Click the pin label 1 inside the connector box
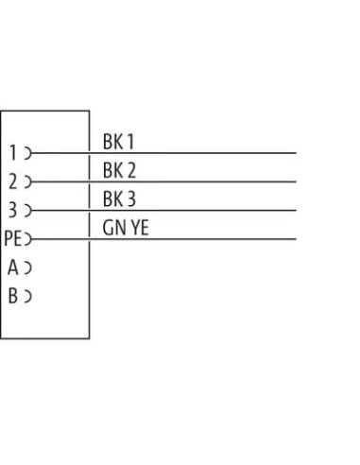[13, 153]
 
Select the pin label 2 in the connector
[13, 181]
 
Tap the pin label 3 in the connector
[12, 210]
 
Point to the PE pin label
[13, 238]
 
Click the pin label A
[13, 267]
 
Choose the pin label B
[13, 296]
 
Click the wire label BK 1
[118, 142]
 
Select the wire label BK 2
[119, 170]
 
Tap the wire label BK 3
[119, 198]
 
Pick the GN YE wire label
[126, 228]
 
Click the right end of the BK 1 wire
[296, 153]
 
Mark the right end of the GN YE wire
[296, 239]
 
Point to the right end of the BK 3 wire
[296, 211]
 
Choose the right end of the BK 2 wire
[296, 181]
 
